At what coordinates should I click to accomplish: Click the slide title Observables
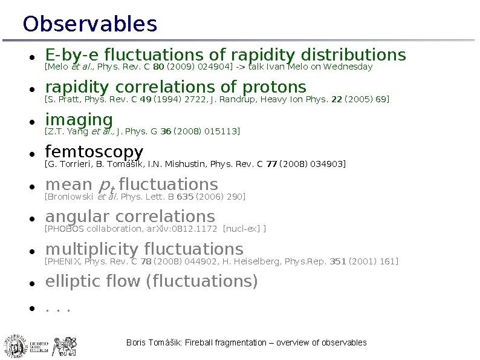(x=89, y=25)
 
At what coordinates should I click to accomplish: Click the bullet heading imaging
(x=79, y=120)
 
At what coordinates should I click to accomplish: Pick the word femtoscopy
(x=94, y=152)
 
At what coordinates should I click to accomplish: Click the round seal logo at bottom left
(x=16, y=345)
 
